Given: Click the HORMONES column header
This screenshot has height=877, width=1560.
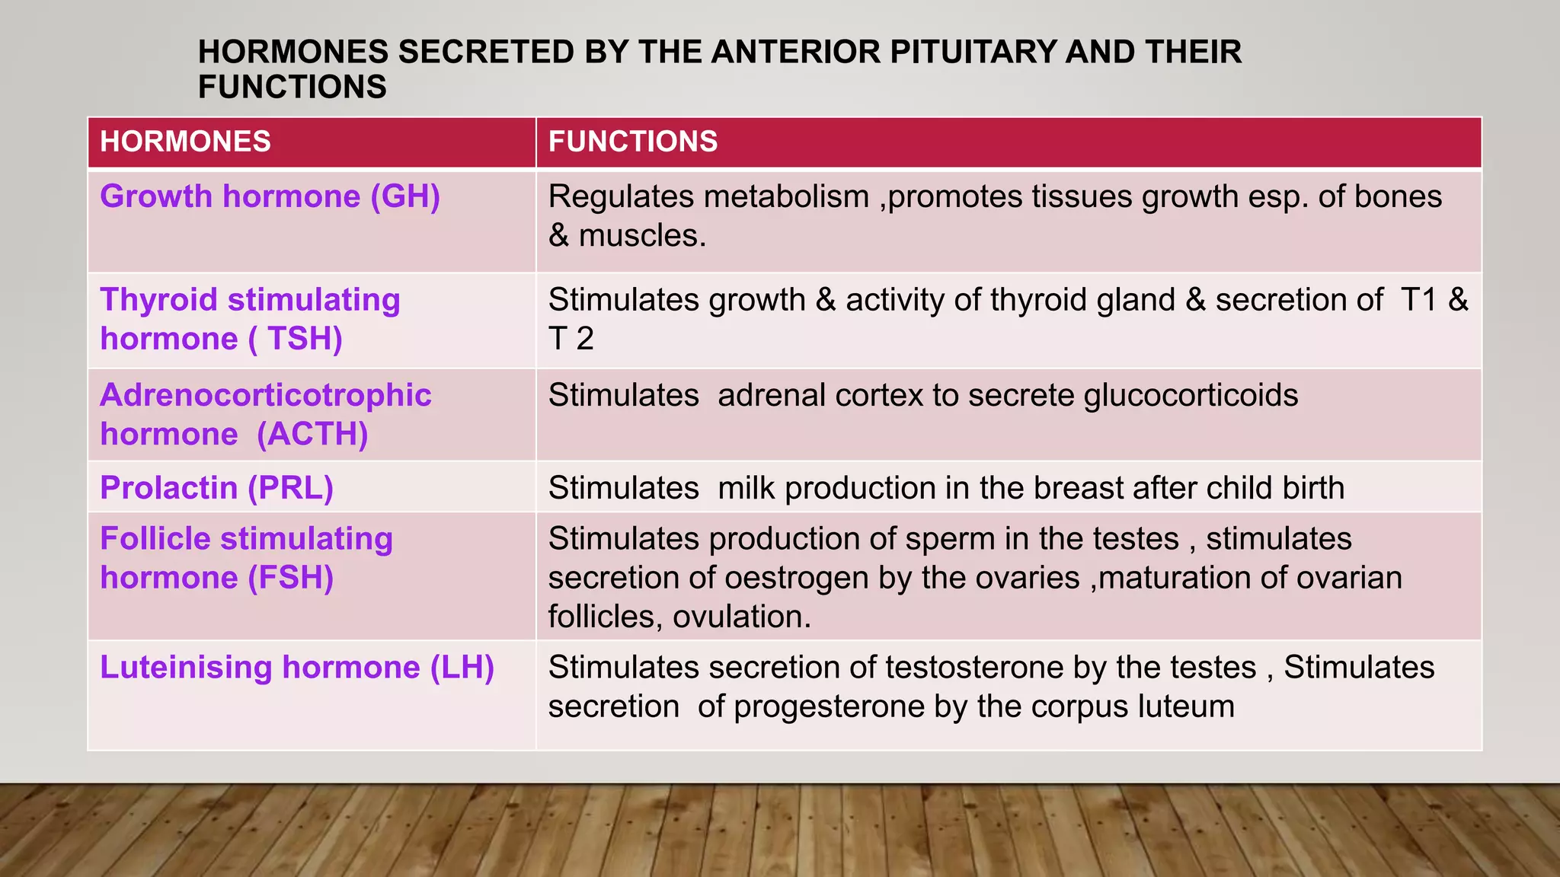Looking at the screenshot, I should click(185, 142).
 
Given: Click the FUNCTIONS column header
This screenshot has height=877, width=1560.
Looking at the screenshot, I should click(632, 142).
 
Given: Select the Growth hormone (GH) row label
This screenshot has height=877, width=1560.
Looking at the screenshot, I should click(270, 196).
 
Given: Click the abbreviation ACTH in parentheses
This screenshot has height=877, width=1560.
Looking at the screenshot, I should click(312, 435).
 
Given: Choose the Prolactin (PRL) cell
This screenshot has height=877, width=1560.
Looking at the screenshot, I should click(216, 488).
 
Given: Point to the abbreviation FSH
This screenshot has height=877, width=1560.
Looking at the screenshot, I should click(290, 578).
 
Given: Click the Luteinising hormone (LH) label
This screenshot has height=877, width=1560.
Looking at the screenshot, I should click(297, 668).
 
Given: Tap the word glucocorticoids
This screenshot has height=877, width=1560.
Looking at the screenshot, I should click(1191, 396).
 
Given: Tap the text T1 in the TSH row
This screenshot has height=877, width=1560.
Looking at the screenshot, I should click(1418, 300).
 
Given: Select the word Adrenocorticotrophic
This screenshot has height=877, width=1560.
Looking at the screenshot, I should click(265, 396).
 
